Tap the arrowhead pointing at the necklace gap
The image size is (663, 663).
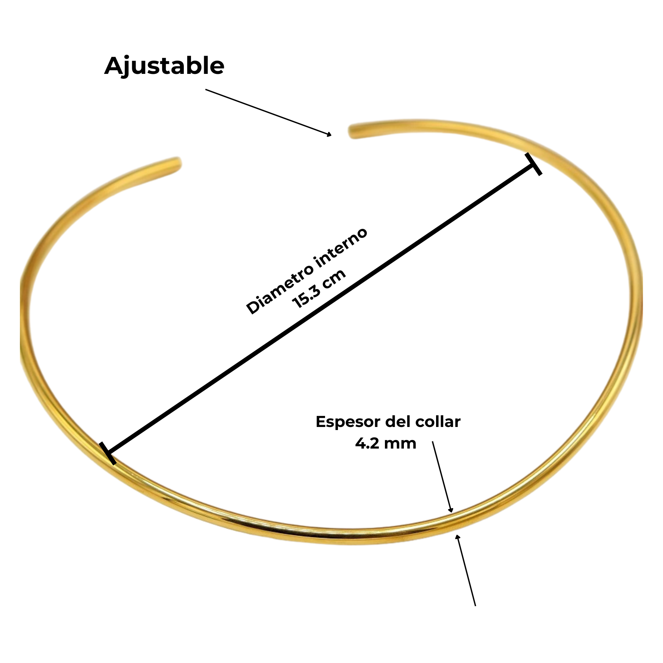[x=329, y=134]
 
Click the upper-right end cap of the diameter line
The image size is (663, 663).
[x=533, y=164]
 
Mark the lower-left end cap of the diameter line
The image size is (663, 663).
[x=108, y=453]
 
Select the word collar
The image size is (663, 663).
[x=438, y=422]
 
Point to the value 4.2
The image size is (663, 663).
[x=367, y=444]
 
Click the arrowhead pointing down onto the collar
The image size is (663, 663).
[x=450, y=510]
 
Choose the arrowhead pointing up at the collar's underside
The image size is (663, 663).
[x=458, y=537]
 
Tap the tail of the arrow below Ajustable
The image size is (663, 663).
[x=206, y=90]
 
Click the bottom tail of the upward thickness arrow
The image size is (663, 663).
[x=475, y=605]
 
